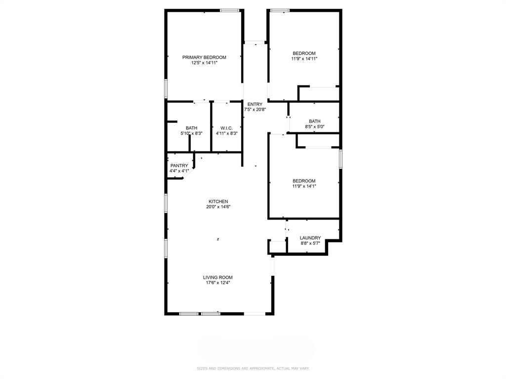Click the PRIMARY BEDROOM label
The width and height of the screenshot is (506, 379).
click(x=204, y=57)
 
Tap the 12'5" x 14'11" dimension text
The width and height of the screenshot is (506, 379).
click(x=204, y=63)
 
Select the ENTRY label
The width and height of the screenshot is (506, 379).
click(x=255, y=104)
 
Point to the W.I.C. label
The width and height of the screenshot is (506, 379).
click(x=227, y=128)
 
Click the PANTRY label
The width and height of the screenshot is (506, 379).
click(x=179, y=166)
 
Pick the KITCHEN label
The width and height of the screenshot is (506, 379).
click(x=218, y=201)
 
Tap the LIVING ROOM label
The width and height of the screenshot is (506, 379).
click(x=217, y=277)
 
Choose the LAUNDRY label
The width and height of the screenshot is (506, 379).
click(x=310, y=238)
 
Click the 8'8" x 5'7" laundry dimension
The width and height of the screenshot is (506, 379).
click(x=310, y=243)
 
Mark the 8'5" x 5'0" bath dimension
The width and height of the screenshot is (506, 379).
click(x=314, y=127)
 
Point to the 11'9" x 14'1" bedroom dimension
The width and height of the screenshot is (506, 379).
click(x=304, y=187)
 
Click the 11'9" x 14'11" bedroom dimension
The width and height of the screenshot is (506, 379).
click(x=304, y=59)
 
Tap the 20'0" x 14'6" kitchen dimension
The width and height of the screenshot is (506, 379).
click(x=218, y=207)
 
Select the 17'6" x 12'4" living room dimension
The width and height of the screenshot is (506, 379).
click(x=217, y=283)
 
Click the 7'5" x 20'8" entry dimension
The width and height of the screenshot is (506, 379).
click(x=255, y=110)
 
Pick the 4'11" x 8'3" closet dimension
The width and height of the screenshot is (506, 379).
click(x=227, y=133)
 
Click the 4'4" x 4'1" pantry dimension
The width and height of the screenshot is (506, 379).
click(x=179, y=171)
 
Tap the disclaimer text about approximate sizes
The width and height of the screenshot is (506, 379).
click(x=253, y=368)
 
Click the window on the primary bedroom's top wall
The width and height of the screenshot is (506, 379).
click(x=230, y=10)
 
